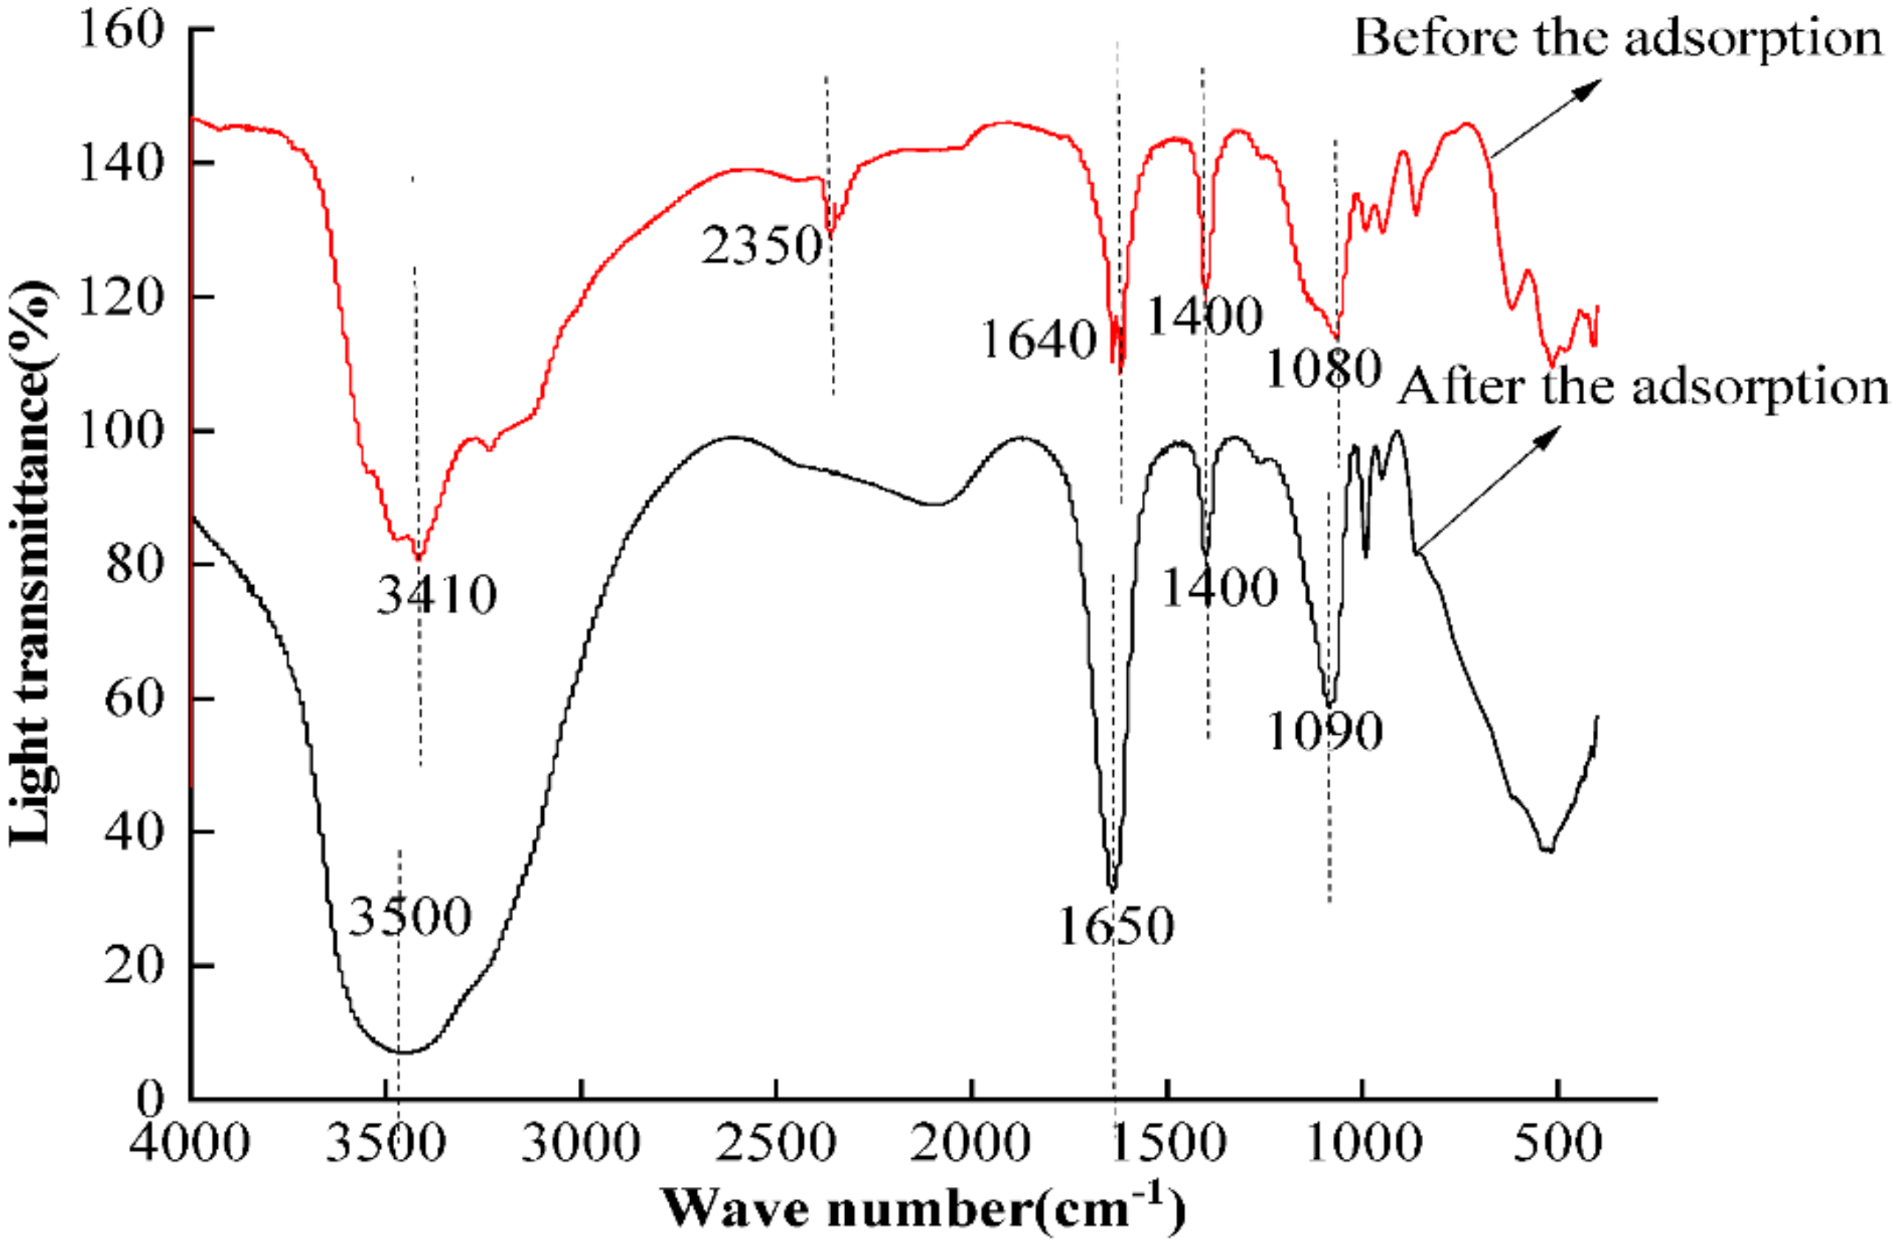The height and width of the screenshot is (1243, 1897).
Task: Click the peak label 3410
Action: [x=437, y=595]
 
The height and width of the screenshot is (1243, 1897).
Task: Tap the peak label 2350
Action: [x=761, y=246]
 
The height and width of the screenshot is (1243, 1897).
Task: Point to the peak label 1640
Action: [x=1039, y=340]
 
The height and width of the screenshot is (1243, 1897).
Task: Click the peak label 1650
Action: [x=1116, y=926]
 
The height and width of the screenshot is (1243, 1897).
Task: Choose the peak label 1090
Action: [x=1325, y=732]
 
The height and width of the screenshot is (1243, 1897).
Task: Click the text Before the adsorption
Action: [x=1618, y=38]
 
